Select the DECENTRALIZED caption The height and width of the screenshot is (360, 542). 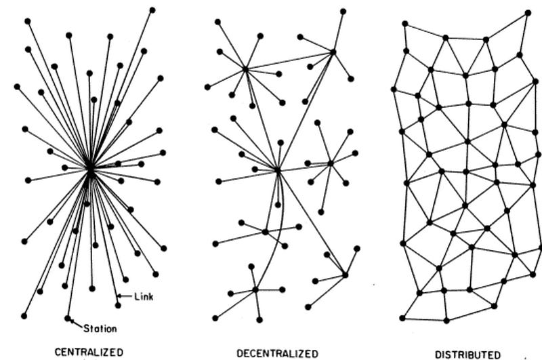point(278,353)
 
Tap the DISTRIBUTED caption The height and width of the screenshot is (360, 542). point(467,354)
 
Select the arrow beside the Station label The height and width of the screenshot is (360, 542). point(75,323)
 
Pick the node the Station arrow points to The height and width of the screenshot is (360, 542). point(67,317)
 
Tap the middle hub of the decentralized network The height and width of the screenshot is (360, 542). point(278,169)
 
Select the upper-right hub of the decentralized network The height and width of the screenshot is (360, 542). point(333,52)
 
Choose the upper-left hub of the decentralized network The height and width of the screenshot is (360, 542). point(245,68)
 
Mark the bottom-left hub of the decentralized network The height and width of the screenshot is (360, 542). point(255,289)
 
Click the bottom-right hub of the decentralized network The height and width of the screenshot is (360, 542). point(345,275)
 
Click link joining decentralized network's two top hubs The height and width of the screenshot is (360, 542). point(289,60)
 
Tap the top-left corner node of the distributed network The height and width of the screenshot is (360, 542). point(404,23)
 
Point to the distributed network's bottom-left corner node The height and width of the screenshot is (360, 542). point(402,317)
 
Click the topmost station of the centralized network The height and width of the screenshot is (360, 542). point(152,9)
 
